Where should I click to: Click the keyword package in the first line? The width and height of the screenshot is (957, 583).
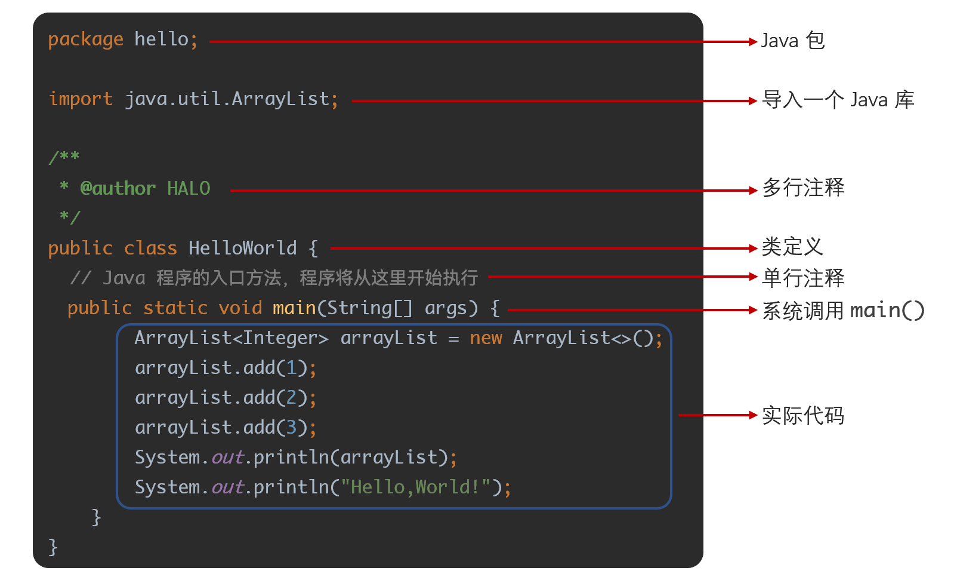pyautogui.click(x=85, y=40)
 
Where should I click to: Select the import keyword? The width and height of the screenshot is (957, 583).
pyautogui.click(x=81, y=99)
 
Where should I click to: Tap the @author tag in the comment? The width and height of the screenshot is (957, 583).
pyautogui.click(x=118, y=189)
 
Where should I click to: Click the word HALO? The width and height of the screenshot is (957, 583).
pyautogui.click(x=189, y=189)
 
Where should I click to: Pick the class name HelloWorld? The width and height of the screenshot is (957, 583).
pyautogui.click(x=242, y=248)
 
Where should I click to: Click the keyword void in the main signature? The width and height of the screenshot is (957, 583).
pyautogui.click(x=240, y=308)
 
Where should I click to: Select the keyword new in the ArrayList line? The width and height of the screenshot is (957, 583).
pyautogui.click(x=486, y=339)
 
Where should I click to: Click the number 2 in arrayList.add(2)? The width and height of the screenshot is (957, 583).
pyautogui.click(x=292, y=398)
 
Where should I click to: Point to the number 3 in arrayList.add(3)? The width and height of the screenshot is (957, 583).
pyautogui.click(x=292, y=428)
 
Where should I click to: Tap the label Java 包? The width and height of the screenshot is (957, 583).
pyautogui.click(x=792, y=41)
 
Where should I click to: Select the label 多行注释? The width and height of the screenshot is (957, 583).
pyautogui.click(x=803, y=188)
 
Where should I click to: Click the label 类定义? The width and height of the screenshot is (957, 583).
pyautogui.click(x=792, y=247)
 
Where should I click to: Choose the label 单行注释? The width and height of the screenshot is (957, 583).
pyautogui.click(x=803, y=278)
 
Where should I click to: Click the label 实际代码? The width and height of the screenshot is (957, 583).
pyautogui.click(x=803, y=415)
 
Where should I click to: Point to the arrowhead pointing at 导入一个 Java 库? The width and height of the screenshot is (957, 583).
pyautogui.click(x=753, y=101)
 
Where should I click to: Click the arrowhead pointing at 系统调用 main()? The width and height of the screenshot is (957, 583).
pyautogui.click(x=753, y=310)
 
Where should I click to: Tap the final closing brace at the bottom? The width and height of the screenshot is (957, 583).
pyautogui.click(x=53, y=547)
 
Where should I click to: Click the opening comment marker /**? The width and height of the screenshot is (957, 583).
pyautogui.click(x=64, y=158)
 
